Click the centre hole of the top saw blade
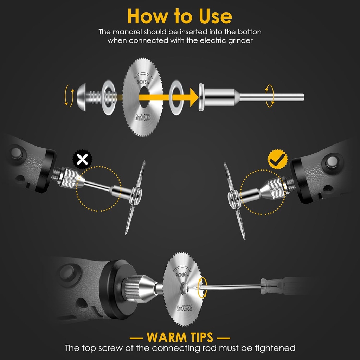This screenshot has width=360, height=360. [144, 96]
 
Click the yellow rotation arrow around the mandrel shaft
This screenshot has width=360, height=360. [270, 95]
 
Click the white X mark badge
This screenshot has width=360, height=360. [82, 160]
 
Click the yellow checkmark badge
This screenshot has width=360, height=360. [277, 160]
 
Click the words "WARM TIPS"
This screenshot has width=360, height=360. [180, 337]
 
